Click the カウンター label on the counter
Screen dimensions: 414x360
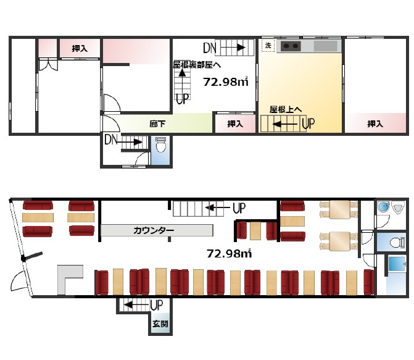(154, 230)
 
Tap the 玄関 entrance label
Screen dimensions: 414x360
(160, 324)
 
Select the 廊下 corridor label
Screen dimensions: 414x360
(157, 123)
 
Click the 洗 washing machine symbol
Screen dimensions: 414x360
(268, 46)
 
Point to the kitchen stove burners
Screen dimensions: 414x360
(291, 46)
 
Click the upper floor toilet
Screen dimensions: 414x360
(160, 145)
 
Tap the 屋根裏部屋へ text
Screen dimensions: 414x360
(197, 65)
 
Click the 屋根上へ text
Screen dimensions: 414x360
(286, 109)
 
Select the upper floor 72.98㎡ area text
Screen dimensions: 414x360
(226, 82)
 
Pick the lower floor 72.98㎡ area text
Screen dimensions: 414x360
(229, 253)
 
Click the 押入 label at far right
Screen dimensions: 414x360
(375, 123)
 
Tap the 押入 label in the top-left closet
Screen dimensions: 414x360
(80, 48)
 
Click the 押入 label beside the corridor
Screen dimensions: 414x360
(235, 123)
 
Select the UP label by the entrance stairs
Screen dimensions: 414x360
(157, 305)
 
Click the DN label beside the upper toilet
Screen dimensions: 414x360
(111, 140)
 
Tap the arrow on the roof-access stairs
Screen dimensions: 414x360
(286, 123)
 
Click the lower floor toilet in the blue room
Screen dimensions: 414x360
(397, 242)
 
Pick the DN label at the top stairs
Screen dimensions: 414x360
(210, 48)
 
